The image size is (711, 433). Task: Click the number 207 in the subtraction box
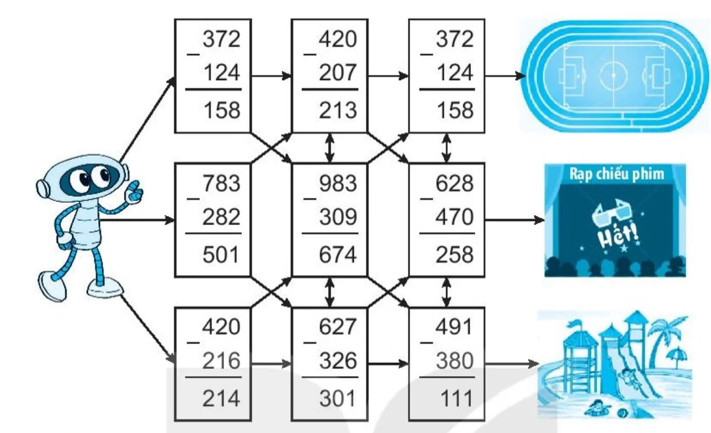[337, 73]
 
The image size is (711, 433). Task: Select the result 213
[338, 110]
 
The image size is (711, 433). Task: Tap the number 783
[221, 183]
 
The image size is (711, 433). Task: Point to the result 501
[221, 255]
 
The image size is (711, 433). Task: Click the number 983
[338, 183]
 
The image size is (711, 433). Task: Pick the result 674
[338, 255]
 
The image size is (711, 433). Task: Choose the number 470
[454, 217]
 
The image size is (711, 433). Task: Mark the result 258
[454, 255]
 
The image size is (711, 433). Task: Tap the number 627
[338, 326]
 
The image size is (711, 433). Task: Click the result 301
[337, 398]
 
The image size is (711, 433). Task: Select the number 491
[454, 326]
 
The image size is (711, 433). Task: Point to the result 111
[457, 398]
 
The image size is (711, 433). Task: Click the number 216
[221, 361]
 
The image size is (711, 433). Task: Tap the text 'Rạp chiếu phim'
[617, 174]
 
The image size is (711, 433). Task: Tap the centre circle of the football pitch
[613, 75]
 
